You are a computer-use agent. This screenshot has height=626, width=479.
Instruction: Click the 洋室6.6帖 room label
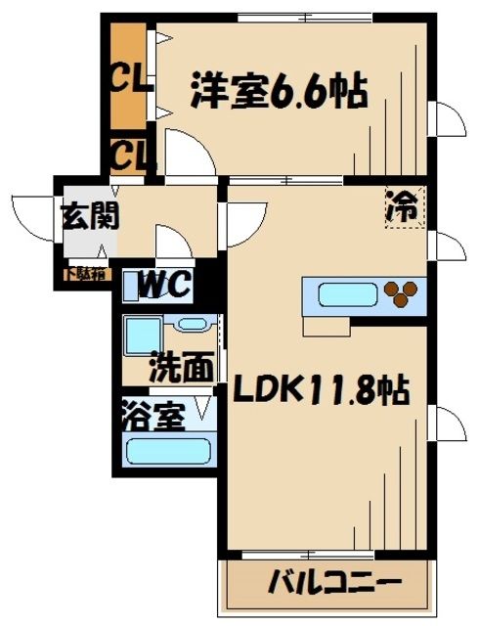coord(279,94)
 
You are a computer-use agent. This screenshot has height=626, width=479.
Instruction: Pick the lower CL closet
coord(129,154)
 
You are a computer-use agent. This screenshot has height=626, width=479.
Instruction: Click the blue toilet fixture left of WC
coord(133,285)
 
